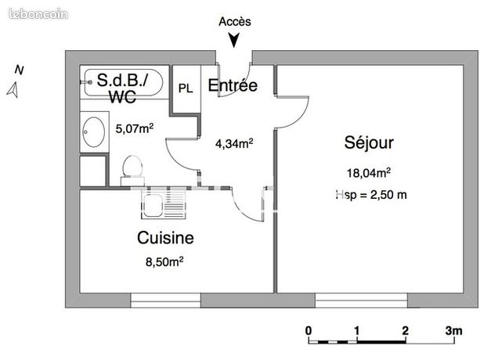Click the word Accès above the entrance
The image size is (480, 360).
pos(235,21)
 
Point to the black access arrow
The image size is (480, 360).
pos(234,41)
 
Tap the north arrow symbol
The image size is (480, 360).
pos(13,90)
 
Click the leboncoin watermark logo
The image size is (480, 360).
pos(38,14)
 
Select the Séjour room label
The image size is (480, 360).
pos(369,142)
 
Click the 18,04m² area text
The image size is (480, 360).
pos(369,173)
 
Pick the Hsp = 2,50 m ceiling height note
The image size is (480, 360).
pos(371,195)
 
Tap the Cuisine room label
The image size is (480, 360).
pos(165,238)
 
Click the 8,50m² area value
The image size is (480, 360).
pos(164,261)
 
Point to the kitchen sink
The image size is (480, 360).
pos(163,204)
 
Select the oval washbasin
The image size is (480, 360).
pos(94,131)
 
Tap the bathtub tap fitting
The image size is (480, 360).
pos(86,82)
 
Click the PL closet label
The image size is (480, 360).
pos(186,88)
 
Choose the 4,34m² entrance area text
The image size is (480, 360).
pos(234,143)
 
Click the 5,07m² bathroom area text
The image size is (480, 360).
pos(135,128)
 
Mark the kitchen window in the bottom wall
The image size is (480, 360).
pos(166,301)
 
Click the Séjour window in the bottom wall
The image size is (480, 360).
pos(361,301)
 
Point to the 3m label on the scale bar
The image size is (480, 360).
pos(453,330)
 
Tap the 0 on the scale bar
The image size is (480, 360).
pos(309,330)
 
